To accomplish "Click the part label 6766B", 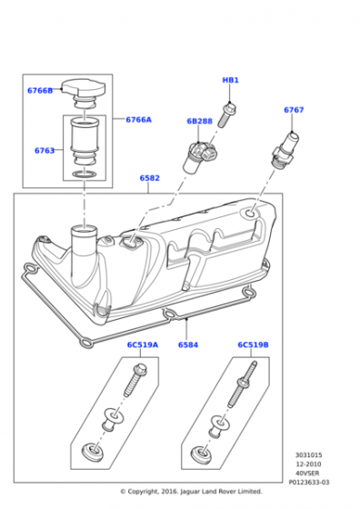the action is [x=40, y=91].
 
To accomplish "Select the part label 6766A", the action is [x=138, y=120].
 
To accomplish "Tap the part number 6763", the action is [x=45, y=151].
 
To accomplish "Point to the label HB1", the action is [x=231, y=80].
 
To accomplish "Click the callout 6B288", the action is [x=199, y=121].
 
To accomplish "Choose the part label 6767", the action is [x=294, y=110].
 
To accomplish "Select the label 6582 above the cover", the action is [x=150, y=178].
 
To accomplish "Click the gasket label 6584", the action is [x=188, y=344].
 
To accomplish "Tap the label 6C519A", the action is [x=143, y=344].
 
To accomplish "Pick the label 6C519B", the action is [x=254, y=344].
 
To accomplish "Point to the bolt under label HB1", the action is [x=227, y=115].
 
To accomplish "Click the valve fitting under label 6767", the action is [x=286, y=150].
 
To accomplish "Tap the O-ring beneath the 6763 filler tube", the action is [x=84, y=175].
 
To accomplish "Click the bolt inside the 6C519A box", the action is [x=135, y=380].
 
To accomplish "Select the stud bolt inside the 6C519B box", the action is [x=242, y=384].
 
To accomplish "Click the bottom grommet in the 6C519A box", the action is [x=93, y=453].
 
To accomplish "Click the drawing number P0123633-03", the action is [x=309, y=483].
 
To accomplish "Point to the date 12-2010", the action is [x=308, y=464].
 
